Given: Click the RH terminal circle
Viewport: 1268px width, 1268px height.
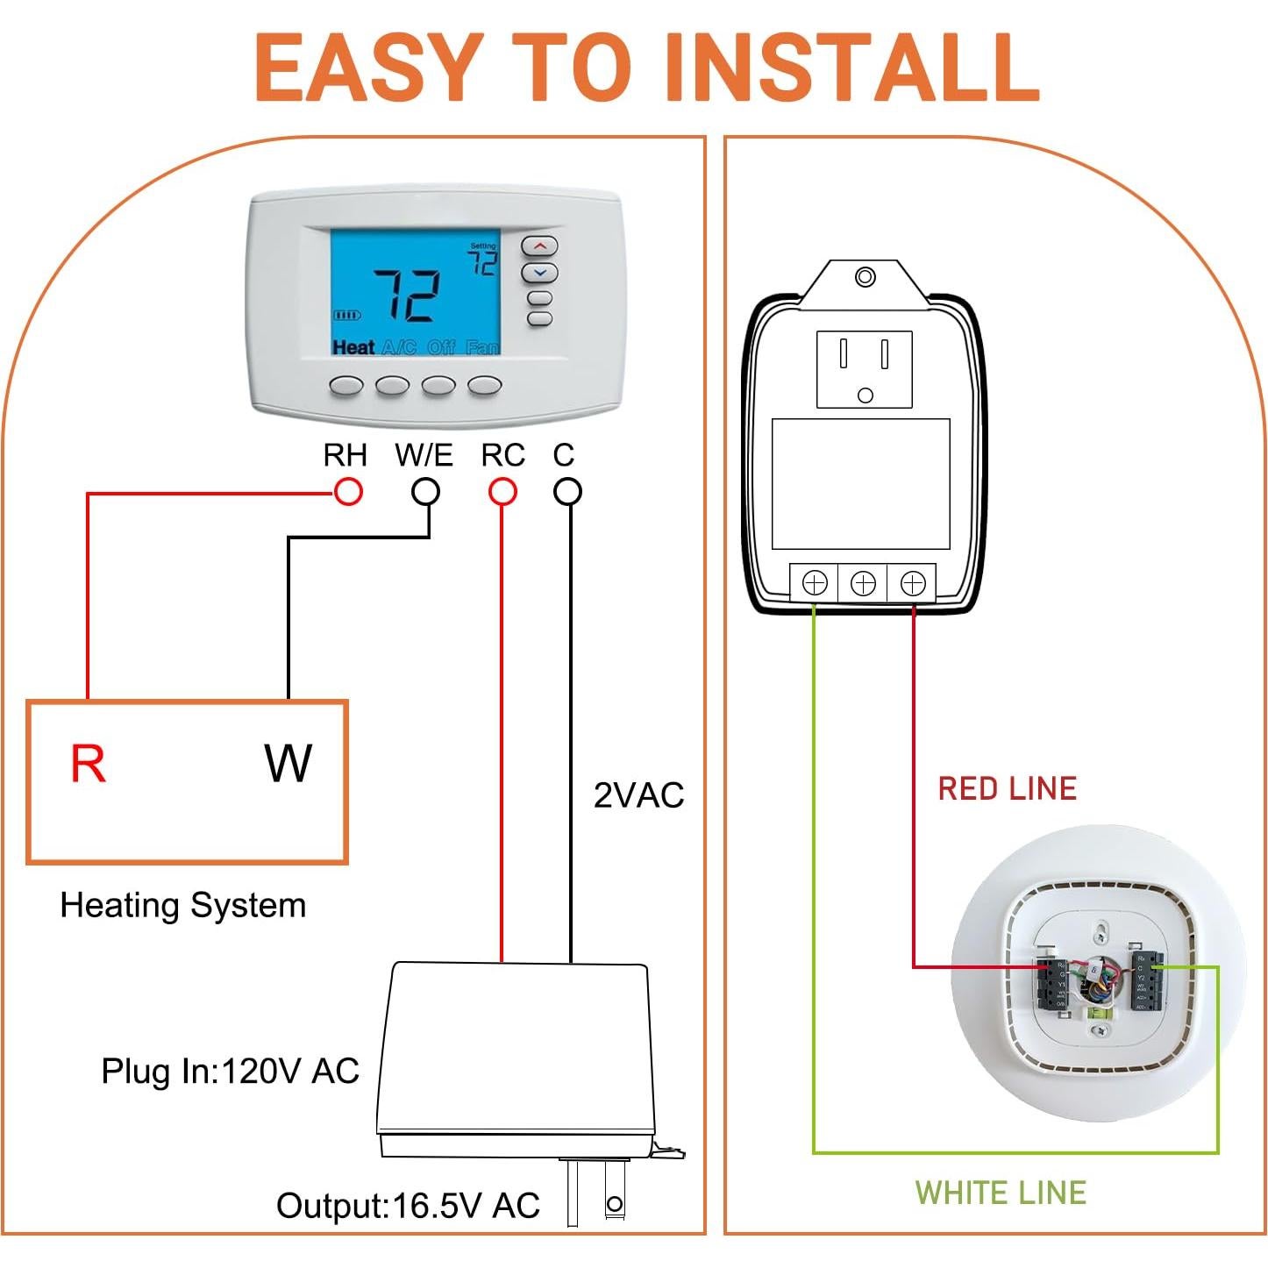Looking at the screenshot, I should pyautogui.click(x=348, y=492).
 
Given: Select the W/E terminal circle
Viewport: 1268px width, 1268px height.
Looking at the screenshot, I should pyautogui.click(x=426, y=492).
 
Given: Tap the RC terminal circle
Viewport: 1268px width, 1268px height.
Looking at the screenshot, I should pyautogui.click(x=502, y=492).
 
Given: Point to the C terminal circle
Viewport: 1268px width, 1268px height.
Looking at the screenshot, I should pyautogui.click(x=567, y=492).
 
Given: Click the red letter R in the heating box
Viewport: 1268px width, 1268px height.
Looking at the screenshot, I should pyautogui.click(x=88, y=764).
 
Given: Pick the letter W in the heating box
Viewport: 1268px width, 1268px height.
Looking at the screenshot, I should pyautogui.click(x=288, y=764).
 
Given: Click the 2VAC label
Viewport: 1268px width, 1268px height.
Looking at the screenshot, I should pyautogui.click(x=638, y=795).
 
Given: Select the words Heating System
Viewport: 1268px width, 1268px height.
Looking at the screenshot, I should pyautogui.click(x=183, y=905).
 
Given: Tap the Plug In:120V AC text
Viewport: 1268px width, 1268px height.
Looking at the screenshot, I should pyautogui.click(x=230, y=1071).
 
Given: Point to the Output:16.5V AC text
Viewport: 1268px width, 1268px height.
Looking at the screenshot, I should pyautogui.click(x=408, y=1206).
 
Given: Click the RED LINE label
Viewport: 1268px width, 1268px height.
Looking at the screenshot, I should pyautogui.click(x=1007, y=788).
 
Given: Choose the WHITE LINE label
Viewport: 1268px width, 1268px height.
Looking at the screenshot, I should pyautogui.click(x=1001, y=1193).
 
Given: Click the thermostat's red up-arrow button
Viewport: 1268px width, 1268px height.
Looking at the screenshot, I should pyautogui.click(x=540, y=246).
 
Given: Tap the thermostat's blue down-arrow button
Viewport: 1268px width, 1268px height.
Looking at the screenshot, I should pyautogui.click(x=540, y=273).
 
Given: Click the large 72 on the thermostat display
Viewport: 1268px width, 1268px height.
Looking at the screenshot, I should pyautogui.click(x=408, y=296).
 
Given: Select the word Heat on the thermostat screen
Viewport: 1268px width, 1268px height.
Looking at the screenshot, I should pyautogui.click(x=353, y=347).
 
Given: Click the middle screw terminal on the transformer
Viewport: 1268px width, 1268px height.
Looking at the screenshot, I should pyautogui.click(x=864, y=583).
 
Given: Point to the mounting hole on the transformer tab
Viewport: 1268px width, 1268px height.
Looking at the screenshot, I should pyautogui.click(x=865, y=278).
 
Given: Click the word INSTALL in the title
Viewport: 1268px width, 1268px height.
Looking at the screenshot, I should pyautogui.click(x=851, y=68).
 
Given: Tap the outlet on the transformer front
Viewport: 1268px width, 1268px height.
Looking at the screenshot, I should pyautogui.click(x=865, y=369).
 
